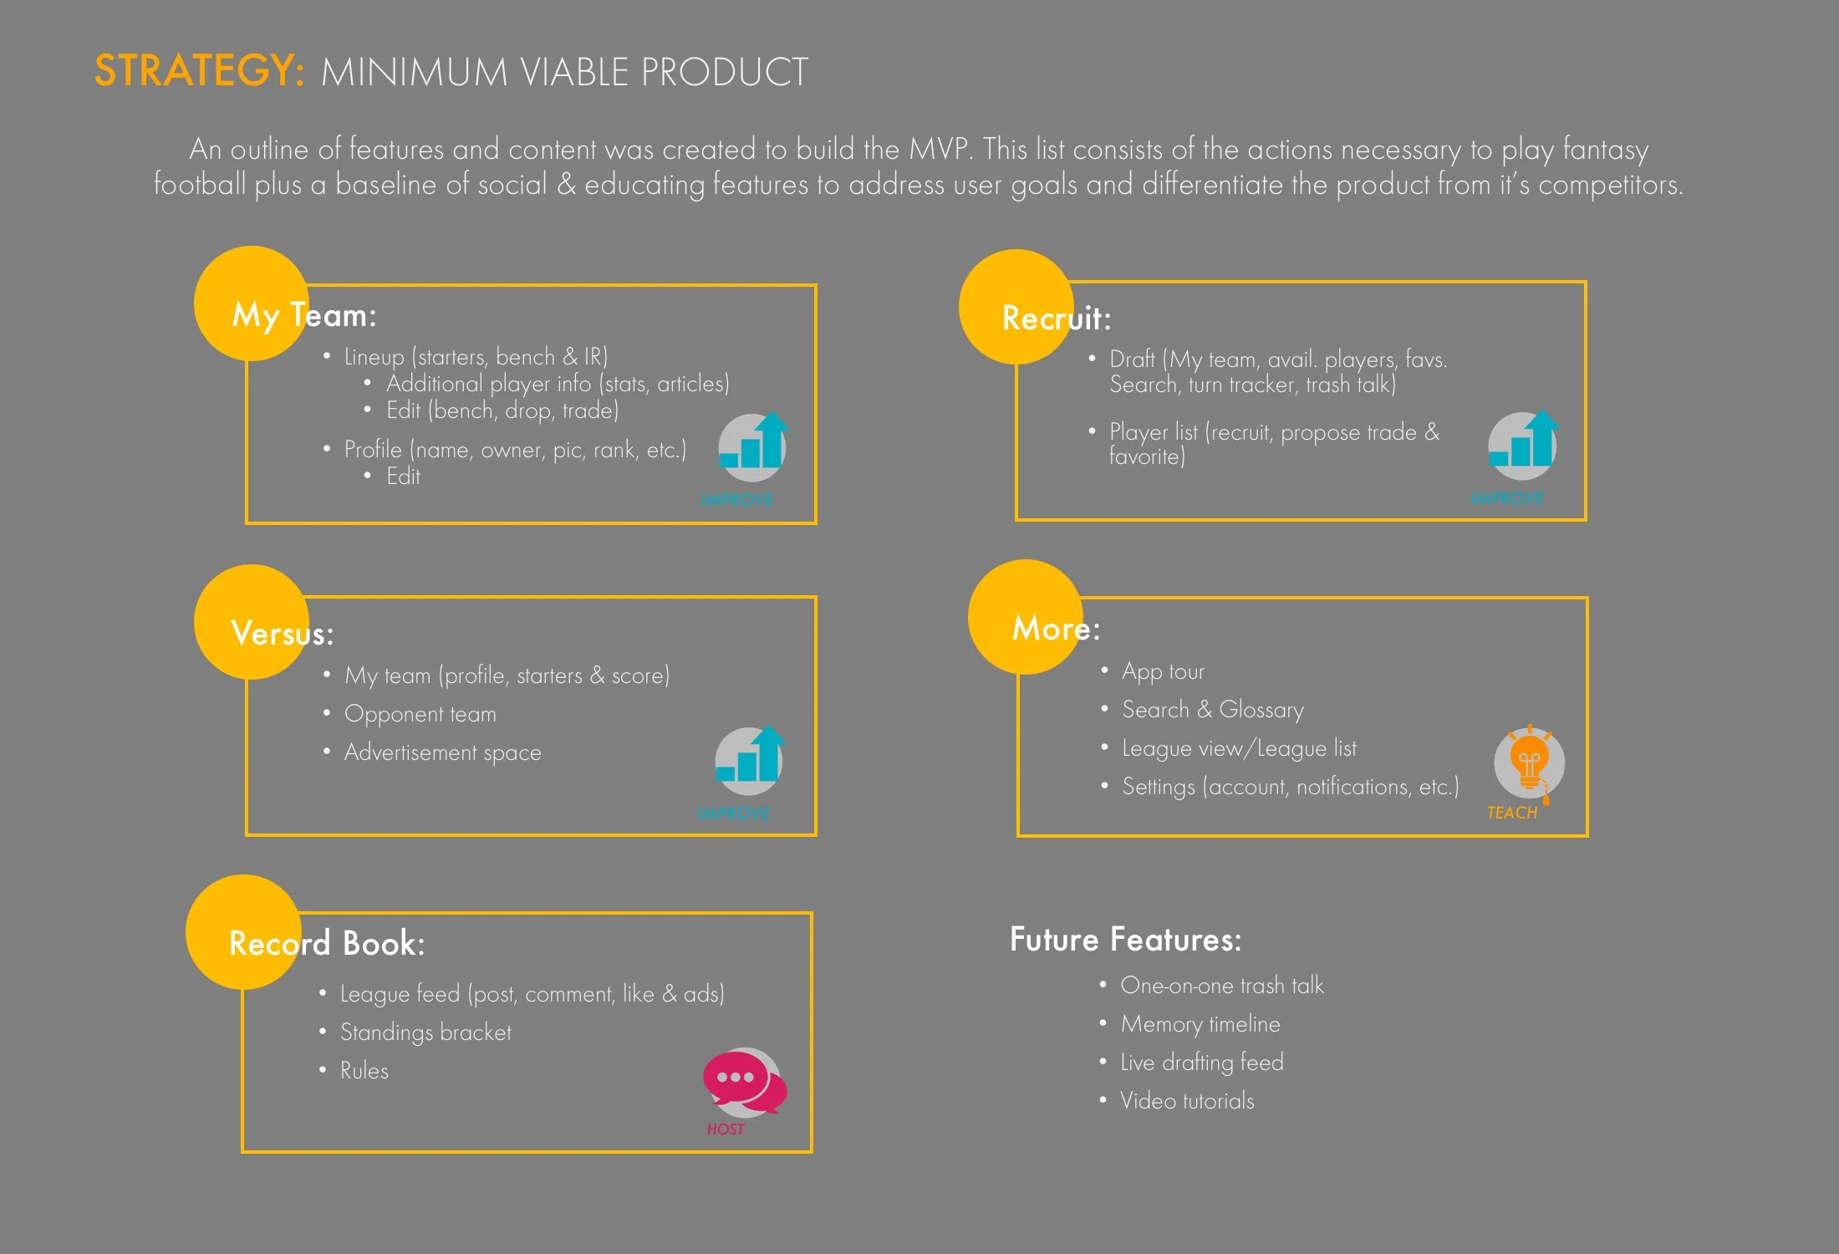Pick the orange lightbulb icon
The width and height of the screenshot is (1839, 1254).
coord(1529,762)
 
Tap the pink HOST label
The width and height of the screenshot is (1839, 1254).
coord(725,1129)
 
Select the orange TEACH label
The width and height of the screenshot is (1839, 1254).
coord(1511,813)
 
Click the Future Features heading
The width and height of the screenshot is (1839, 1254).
coord(1125,940)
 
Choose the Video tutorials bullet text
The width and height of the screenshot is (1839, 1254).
coord(1187,1101)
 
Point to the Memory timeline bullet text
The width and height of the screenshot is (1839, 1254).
coord(1200,1024)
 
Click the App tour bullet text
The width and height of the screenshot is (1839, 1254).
coord(1163,671)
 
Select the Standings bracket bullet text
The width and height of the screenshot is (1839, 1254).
coord(425,1032)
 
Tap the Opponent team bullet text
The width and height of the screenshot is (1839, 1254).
coord(420,714)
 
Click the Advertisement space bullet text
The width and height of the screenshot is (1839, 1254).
coord(443,752)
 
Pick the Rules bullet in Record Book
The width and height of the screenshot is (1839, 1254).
coord(364,1071)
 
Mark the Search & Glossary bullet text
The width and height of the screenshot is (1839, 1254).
coord(1213,710)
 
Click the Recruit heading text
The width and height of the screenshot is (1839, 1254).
coord(1057,319)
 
